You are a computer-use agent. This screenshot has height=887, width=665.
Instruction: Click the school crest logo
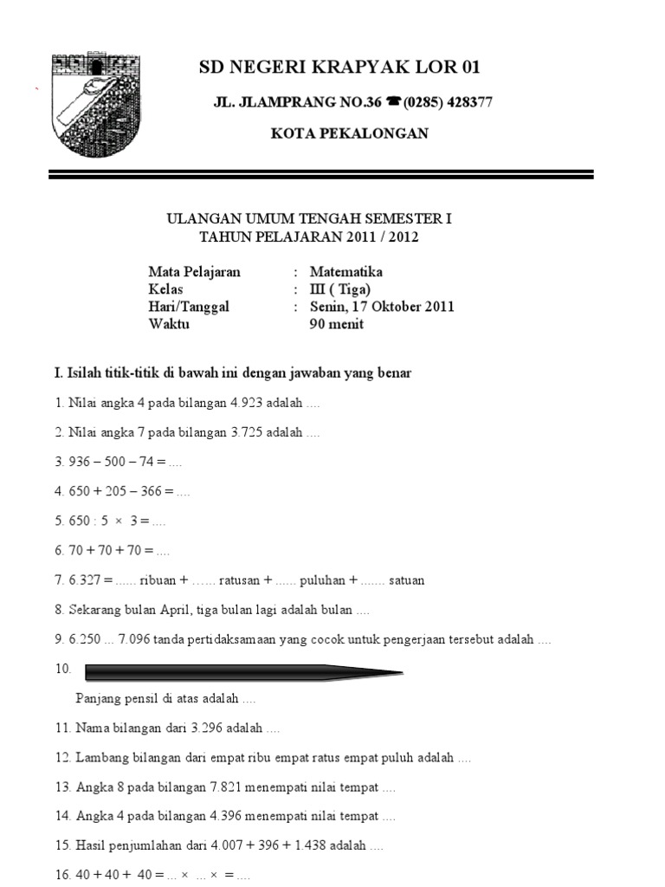(95, 105)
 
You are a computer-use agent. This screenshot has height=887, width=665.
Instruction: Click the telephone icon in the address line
(394, 102)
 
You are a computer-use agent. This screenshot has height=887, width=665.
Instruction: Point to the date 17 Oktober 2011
(394, 307)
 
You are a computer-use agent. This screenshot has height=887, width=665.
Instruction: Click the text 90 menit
(337, 324)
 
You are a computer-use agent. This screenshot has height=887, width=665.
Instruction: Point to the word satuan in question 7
(407, 579)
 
